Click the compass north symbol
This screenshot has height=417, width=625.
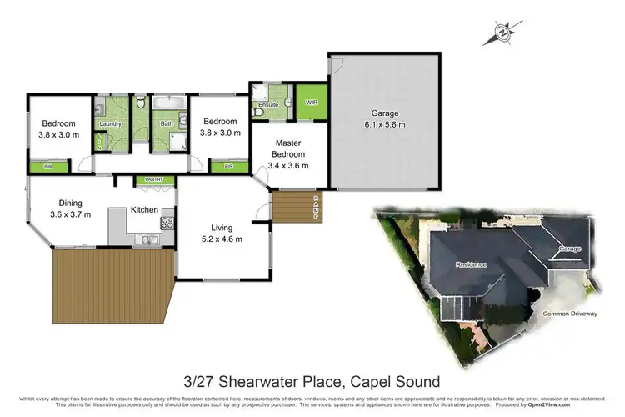(x=502, y=34)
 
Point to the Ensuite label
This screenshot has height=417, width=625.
(x=268, y=105)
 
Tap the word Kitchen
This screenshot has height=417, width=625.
(x=144, y=209)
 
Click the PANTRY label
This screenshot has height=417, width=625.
(x=153, y=178)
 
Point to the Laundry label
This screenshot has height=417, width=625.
(x=111, y=125)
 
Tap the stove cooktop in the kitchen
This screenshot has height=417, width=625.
(x=167, y=223)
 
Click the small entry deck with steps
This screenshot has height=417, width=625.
(x=292, y=208)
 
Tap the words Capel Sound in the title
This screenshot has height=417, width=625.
(x=402, y=382)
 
